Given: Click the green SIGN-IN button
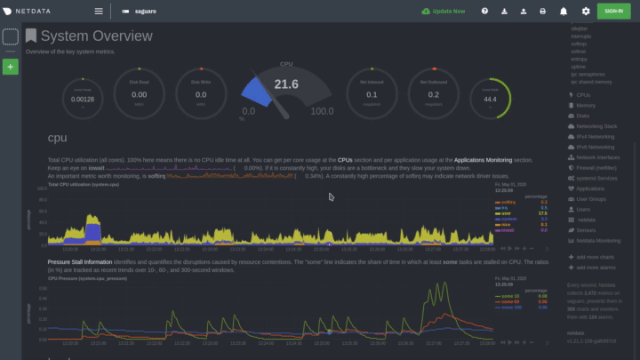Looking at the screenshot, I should [612, 11].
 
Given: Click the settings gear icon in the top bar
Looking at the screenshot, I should [586, 12].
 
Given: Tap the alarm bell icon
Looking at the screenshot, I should [564, 12].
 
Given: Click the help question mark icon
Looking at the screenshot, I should [484, 12].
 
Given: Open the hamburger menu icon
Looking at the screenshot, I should [99, 12].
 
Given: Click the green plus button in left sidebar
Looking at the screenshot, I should [11, 67].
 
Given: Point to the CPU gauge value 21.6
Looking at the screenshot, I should [285, 84].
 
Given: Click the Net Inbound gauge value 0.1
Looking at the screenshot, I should [372, 94].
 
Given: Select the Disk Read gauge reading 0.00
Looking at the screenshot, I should [139, 94].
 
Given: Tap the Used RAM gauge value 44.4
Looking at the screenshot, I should [490, 98].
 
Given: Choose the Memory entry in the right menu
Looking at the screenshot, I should [586, 105].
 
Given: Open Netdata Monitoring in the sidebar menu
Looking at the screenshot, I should [597, 240].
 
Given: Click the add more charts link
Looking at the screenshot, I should [591, 257].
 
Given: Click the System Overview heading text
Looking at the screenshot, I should [96, 36].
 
